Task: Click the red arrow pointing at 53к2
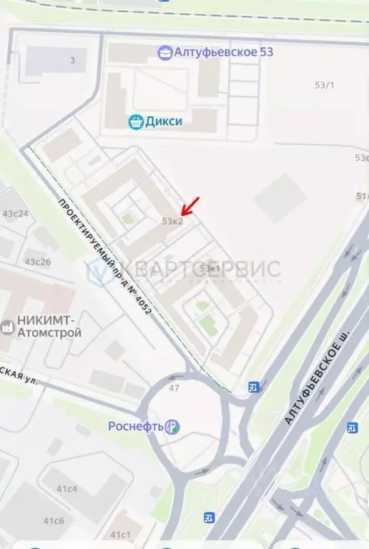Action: tap(190, 206)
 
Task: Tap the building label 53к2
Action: tap(172, 222)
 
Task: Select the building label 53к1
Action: tap(210, 268)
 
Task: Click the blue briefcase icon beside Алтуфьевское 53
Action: tap(165, 52)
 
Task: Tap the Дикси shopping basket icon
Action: tap(135, 122)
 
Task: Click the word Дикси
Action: tap(164, 122)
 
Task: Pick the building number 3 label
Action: tap(72, 61)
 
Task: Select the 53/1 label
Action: tap(325, 85)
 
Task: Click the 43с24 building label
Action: tap(16, 214)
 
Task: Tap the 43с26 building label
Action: tap(38, 262)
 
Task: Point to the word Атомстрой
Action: tap(51, 333)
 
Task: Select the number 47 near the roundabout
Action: tap(174, 387)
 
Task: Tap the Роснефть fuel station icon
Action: tap(172, 427)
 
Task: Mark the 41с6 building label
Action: tap(53, 520)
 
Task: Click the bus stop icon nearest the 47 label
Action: tap(253, 387)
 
